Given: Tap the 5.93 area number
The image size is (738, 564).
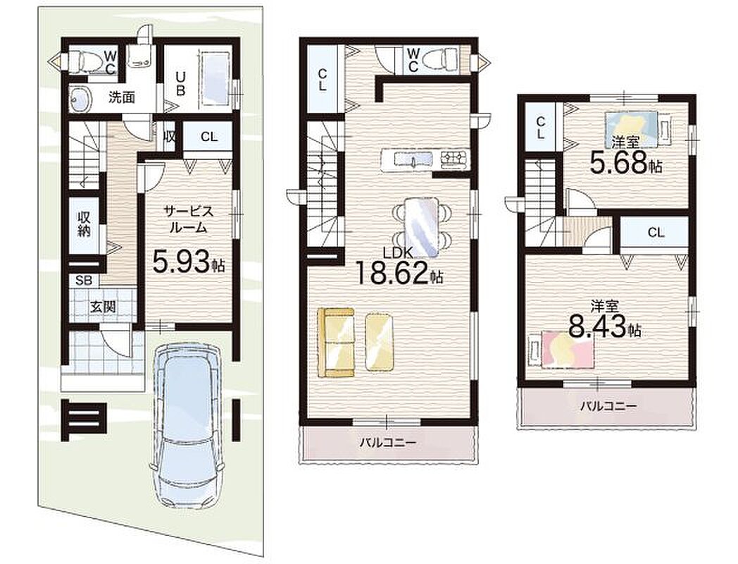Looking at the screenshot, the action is coord(180,262).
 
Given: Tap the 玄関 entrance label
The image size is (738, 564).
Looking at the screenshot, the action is coord(103,307).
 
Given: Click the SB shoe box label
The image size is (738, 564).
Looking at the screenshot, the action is coord(84,281).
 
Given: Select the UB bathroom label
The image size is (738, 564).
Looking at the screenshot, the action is coord(180,82).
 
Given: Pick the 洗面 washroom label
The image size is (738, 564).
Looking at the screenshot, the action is coord(122,97).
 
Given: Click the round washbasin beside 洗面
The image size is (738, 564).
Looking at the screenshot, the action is coord(80,99).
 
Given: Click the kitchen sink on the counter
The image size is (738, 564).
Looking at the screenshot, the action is coord(413,160).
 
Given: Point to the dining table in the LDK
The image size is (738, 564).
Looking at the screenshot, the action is coord(422,228).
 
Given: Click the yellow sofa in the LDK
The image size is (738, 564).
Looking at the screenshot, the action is coord(336,343).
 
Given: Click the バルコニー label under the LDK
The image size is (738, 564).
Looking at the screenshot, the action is coord(388,443).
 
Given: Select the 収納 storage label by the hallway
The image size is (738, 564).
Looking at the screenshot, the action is coord(85,225).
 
